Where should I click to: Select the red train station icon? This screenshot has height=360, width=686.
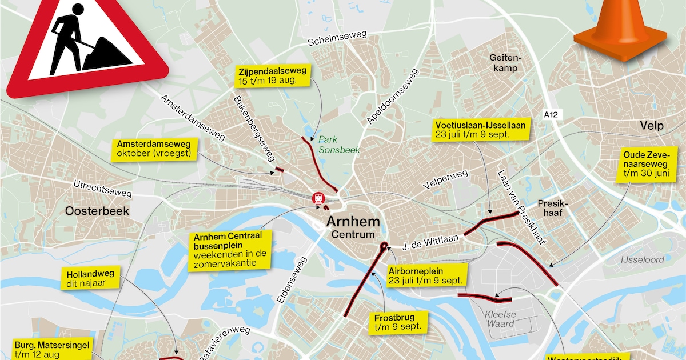317,198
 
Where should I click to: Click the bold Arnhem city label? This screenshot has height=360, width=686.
353,221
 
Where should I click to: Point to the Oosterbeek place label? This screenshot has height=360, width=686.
97,211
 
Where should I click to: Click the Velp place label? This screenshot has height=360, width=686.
651,126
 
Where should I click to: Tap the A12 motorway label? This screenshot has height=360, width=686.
551,115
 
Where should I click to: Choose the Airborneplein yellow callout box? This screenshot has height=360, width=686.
425,275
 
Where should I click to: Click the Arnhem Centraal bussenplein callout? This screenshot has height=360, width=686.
232,250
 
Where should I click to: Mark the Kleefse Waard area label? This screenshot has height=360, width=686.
500,318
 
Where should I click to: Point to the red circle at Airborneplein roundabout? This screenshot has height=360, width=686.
383,247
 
